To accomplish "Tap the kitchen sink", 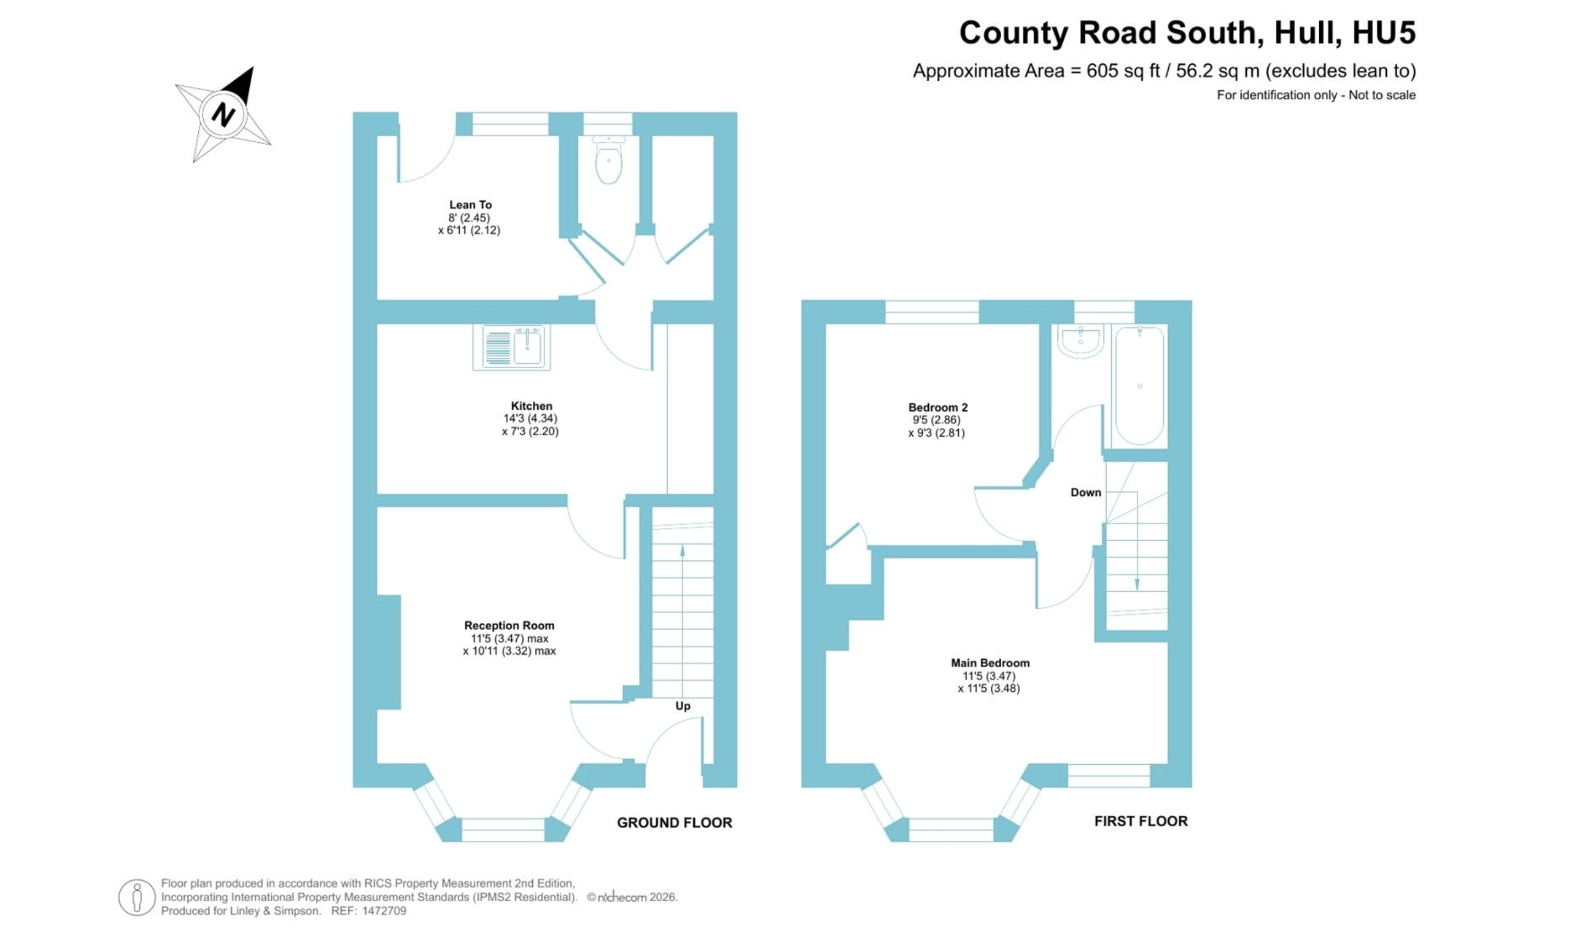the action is tap(512, 348).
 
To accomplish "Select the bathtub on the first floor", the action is tap(1140, 385).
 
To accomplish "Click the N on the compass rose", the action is tap(224, 115).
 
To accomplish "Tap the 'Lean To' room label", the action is tap(471, 204).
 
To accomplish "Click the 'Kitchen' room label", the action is tap(532, 405).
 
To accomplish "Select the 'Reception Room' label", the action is tap(509, 625).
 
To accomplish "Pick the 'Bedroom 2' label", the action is tap(938, 407).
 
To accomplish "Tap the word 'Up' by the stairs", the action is tap(682, 705).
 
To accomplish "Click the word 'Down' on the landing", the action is tap(1085, 492).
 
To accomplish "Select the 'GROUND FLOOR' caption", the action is tap(674, 822).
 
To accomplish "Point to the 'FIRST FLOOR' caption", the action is tap(1141, 821).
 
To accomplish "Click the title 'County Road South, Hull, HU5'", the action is tap(1187, 32).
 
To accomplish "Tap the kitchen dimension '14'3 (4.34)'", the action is tap(530, 418).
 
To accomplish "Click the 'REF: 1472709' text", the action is tap(369, 910).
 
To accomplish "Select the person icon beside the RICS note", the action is tap(137, 897).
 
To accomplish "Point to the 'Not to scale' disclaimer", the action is tap(1382, 95).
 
